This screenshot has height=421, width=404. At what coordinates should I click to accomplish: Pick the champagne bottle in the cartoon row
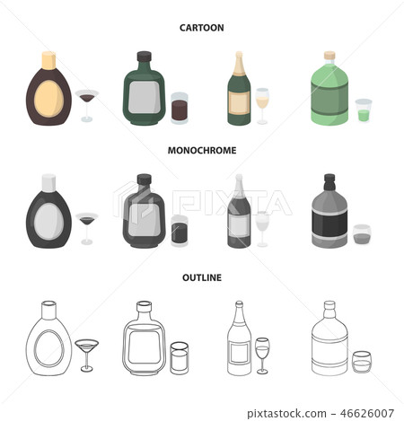coord(238,92)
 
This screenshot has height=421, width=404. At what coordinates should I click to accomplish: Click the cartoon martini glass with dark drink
coord(87,103)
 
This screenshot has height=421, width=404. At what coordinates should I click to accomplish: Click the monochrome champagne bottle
coord(238,215)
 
